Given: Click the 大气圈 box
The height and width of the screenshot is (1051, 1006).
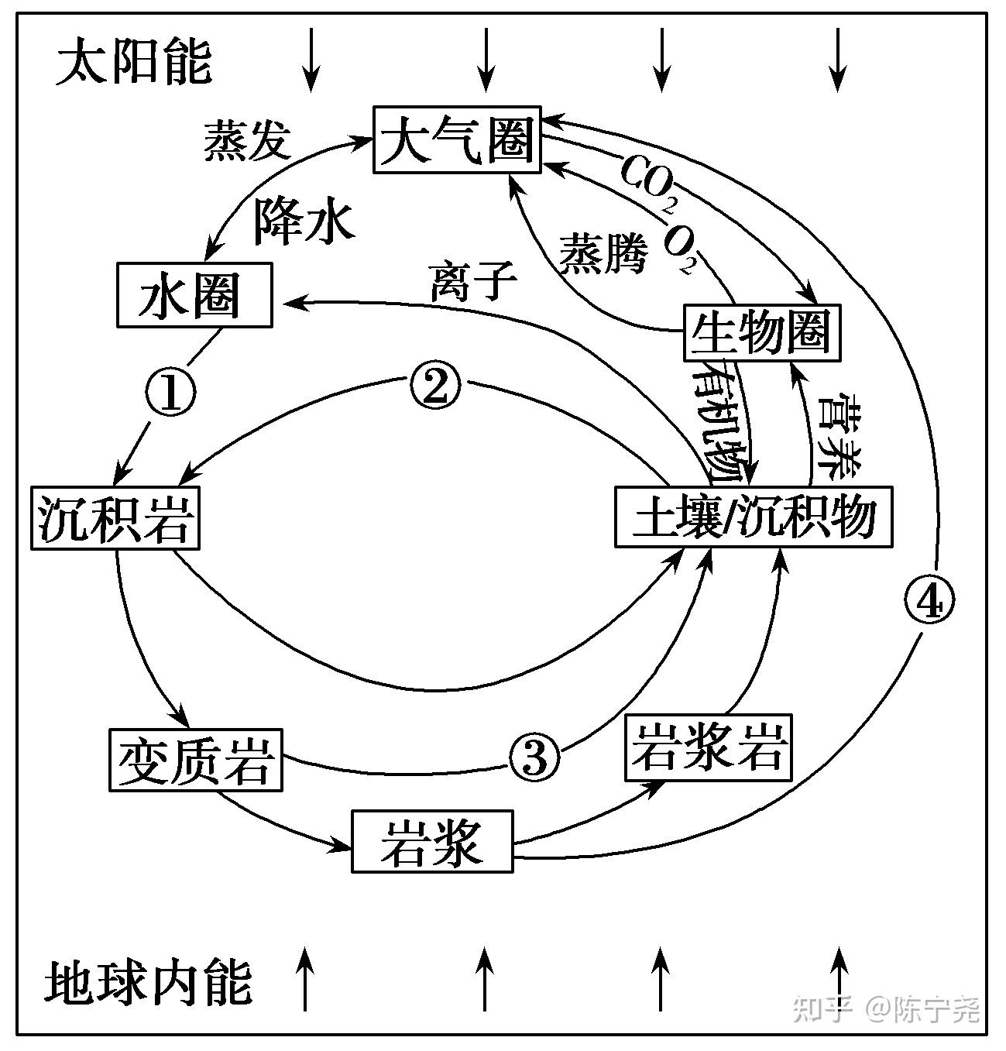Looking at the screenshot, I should (457, 139).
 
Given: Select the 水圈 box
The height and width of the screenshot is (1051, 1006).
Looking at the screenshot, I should (194, 295).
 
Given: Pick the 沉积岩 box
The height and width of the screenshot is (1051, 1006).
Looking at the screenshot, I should (115, 517).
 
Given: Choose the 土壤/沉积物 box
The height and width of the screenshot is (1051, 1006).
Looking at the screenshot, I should (754, 517).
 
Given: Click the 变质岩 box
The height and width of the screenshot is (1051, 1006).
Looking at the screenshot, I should (195, 759).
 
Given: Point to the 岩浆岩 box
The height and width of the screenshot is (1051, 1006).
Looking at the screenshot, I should (709, 747).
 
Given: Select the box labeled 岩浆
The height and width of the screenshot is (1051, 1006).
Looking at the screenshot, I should (432, 841).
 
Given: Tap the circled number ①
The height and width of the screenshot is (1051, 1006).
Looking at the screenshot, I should (170, 392).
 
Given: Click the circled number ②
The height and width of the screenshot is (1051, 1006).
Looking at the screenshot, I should (434, 386).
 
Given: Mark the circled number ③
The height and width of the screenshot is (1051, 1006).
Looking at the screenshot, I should (534, 757).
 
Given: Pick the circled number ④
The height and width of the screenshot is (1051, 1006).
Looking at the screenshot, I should (929, 600).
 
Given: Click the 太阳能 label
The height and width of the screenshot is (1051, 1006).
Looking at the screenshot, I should (133, 62).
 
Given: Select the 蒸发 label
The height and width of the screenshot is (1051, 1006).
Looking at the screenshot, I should (247, 142).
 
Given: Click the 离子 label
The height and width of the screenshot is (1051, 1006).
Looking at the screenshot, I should (473, 280).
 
